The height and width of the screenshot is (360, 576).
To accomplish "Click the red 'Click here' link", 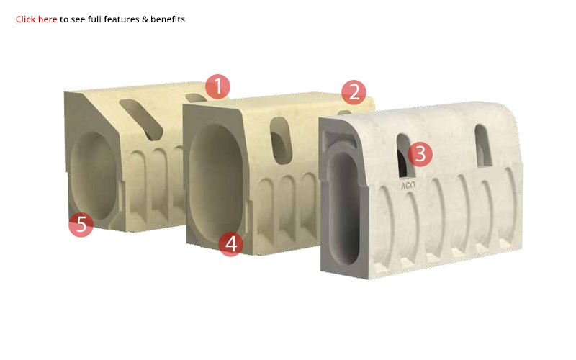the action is [37, 19].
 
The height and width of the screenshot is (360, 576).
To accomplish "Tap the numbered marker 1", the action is [218, 86].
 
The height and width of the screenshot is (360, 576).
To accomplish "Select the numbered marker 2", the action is [354, 92].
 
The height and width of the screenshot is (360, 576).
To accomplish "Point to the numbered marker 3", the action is [420, 154].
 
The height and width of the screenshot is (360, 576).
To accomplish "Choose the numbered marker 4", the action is [230, 244].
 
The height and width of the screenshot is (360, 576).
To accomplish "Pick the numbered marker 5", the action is [81, 225].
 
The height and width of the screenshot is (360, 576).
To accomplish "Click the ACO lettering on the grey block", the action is [408, 186].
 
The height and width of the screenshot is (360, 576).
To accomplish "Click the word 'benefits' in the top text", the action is [168, 19].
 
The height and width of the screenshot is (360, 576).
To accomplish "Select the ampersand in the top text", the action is [145, 19].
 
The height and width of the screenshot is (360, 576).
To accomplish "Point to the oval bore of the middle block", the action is [215, 180].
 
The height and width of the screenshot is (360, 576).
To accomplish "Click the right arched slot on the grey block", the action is [482, 146].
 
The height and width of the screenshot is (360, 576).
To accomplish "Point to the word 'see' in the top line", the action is [78, 19].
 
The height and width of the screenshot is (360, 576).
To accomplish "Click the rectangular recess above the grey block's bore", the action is [337, 140].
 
